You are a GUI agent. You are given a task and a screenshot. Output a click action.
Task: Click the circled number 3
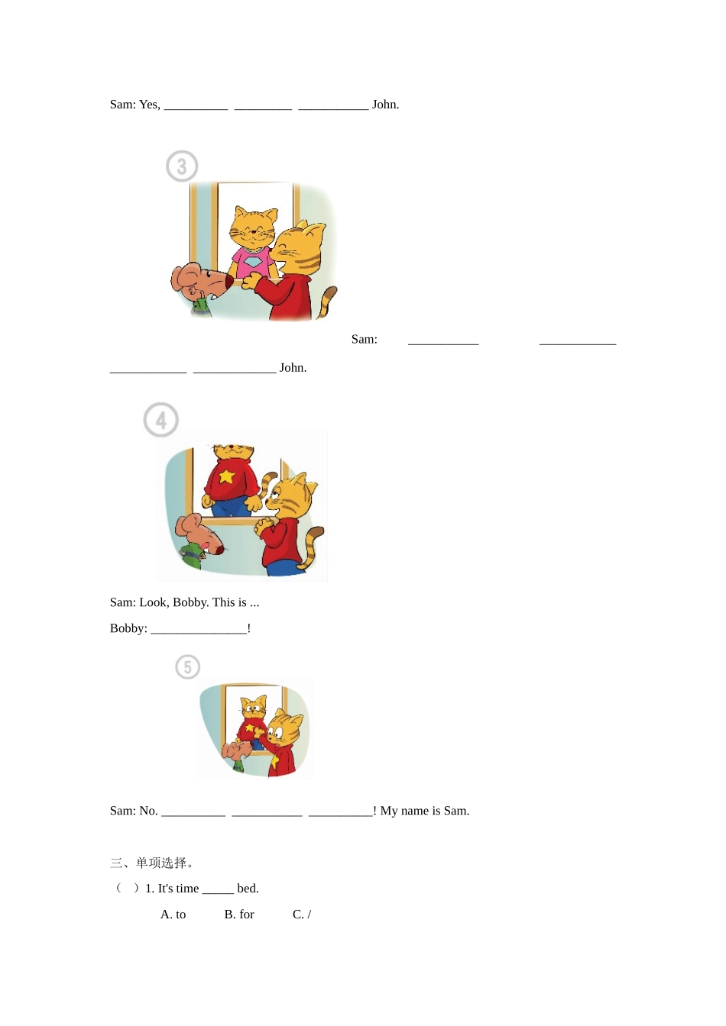coord(182,166)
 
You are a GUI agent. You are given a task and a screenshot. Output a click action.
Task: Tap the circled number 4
coord(161,420)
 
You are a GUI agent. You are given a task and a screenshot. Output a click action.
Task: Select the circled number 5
coord(188,667)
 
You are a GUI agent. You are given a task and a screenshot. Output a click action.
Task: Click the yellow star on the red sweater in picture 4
coord(226,476)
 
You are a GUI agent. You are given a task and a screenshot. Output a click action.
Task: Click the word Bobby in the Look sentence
coord(190,602)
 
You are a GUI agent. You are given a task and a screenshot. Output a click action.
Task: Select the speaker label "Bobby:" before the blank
coord(128,628)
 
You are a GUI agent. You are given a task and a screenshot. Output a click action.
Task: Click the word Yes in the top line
coord(149,105)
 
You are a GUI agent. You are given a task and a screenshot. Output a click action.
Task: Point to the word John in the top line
coord(384,105)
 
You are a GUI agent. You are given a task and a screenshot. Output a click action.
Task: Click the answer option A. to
coord(173,915)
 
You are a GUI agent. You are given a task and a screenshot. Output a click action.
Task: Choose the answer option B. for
coord(239,915)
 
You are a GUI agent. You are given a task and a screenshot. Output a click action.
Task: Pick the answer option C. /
coord(302,915)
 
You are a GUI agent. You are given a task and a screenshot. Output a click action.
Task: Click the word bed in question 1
coord(247,889)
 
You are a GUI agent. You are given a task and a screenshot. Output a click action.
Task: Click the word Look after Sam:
coord(153,602)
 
